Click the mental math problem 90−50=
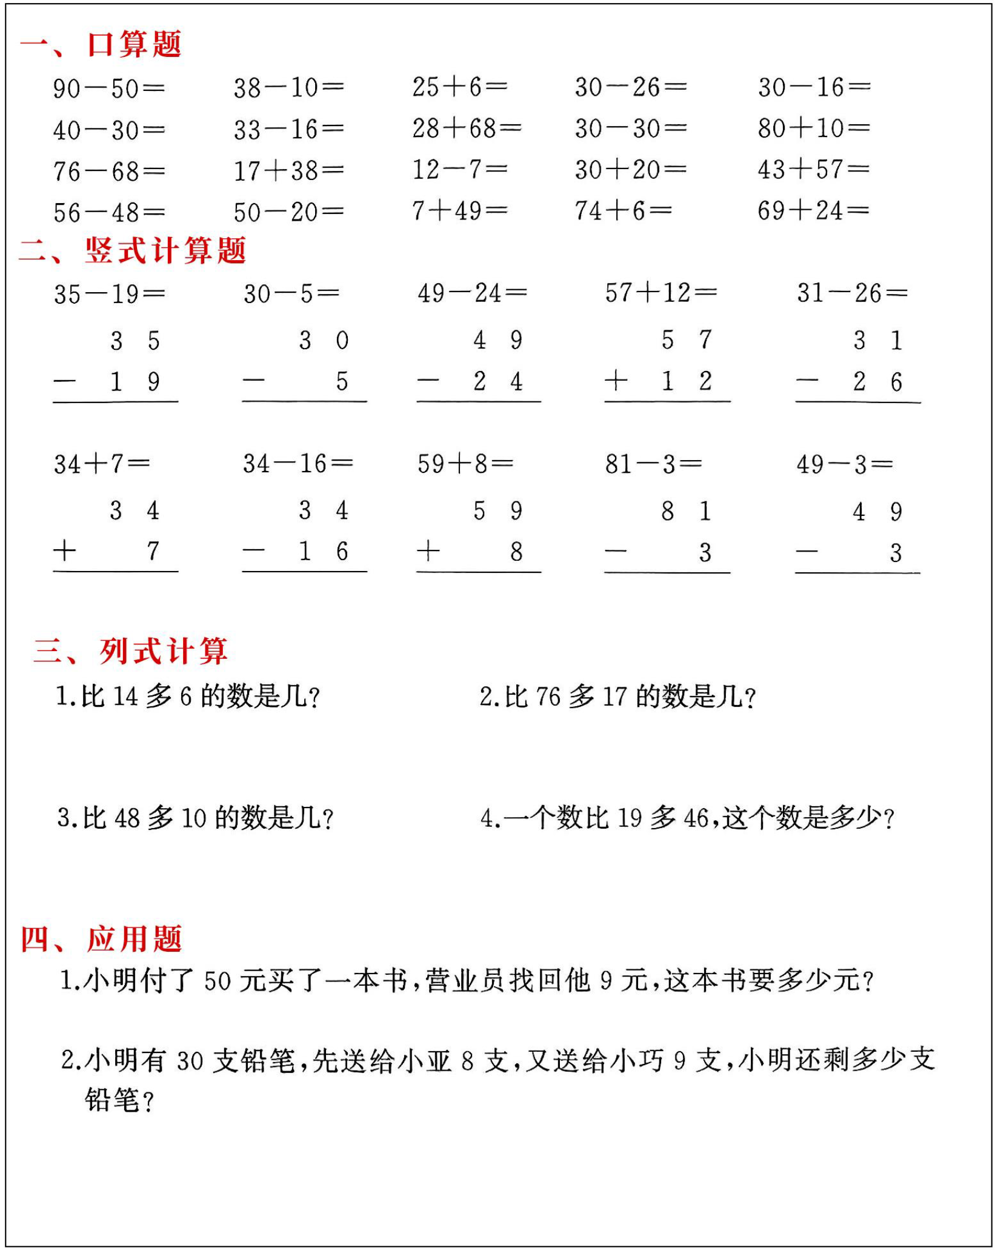pyautogui.click(x=108, y=89)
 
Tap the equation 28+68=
pyautogui.click(x=467, y=129)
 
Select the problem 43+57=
pyautogui.click(x=813, y=170)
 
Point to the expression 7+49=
pyautogui.click(x=459, y=211)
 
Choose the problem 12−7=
pyautogui.click(x=459, y=170)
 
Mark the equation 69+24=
pyautogui.click(x=813, y=211)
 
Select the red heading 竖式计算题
pyautogui.click(x=165, y=250)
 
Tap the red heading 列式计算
pyautogui.click(x=164, y=651)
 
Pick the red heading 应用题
pyautogui.click(x=134, y=939)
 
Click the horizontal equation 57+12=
pyautogui.click(x=661, y=293)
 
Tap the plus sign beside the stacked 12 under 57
pyautogui.click(x=616, y=381)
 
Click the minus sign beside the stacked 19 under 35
pyautogui.click(x=64, y=382)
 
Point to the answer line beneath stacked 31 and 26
pyautogui.click(x=857, y=402)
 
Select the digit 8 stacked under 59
pyautogui.click(x=516, y=552)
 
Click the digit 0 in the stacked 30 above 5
pyautogui.click(x=342, y=341)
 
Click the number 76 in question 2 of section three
pyautogui.click(x=548, y=697)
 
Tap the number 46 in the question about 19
pyautogui.click(x=696, y=818)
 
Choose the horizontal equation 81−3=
pyautogui.click(x=653, y=464)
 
